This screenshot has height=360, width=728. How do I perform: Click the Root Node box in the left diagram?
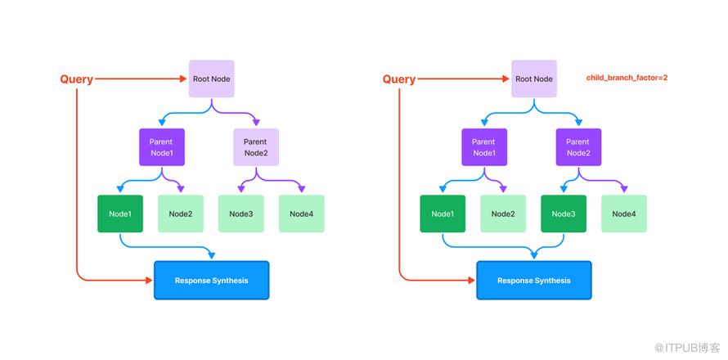(211, 79)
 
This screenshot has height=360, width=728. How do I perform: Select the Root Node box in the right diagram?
(534, 79)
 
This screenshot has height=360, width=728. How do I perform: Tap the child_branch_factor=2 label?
(627, 78)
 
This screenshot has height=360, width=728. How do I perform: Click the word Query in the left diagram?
(77, 79)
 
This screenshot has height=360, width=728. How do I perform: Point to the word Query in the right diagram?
(399, 79)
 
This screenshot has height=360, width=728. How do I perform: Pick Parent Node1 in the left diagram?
(162, 146)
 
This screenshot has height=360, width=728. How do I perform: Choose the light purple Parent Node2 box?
(256, 146)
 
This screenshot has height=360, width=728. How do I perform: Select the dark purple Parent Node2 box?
(578, 146)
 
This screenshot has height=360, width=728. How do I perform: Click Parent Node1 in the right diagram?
(484, 146)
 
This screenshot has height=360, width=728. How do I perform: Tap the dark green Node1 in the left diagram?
(120, 214)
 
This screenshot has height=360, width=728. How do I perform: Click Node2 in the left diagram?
(181, 214)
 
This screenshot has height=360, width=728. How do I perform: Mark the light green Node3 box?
(241, 214)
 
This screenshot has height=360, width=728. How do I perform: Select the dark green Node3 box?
(564, 214)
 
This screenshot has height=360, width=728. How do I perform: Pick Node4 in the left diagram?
(301, 214)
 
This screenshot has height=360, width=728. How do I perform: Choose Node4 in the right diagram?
(624, 214)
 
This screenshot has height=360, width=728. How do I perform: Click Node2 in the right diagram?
(503, 214)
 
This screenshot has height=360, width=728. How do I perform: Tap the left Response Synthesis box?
(212, 280)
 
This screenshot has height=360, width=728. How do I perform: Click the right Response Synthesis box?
(534, 280)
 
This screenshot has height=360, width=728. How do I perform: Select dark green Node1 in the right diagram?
(443, 214)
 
